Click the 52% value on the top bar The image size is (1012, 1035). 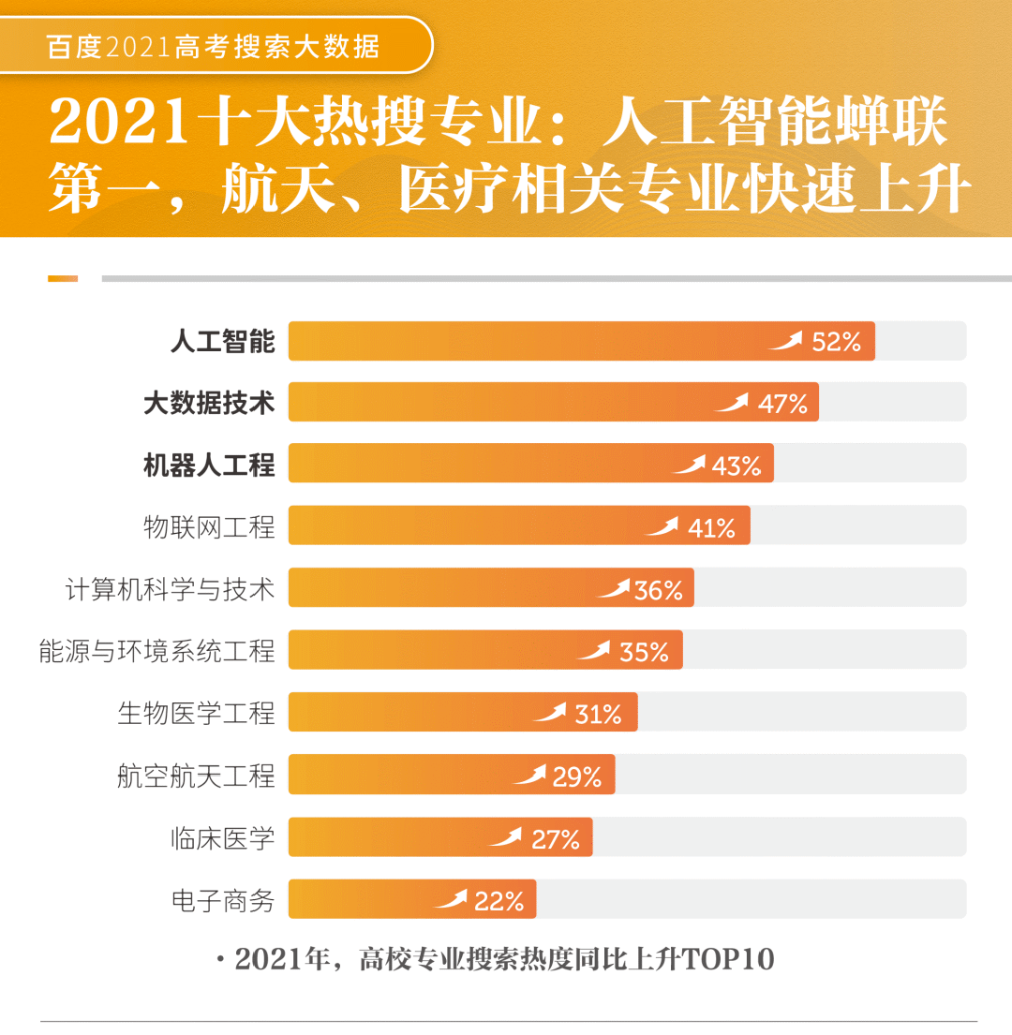point(836,342)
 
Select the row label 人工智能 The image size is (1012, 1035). point(222,342)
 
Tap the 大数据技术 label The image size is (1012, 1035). point(209,404)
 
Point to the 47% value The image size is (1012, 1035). point(782,404)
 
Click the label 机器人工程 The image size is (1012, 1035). point(209,466)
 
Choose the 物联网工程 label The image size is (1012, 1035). point(209,527)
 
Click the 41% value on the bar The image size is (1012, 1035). point(711,528)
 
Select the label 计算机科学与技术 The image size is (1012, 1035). point(170,590)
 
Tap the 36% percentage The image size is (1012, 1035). point(658,591)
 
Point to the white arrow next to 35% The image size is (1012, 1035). point(593,650)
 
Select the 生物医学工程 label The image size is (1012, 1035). point(196,714)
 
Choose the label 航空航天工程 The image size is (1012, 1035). point(196,776)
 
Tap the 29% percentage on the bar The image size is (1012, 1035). point(576,777)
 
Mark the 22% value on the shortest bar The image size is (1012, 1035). point(499,901)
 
